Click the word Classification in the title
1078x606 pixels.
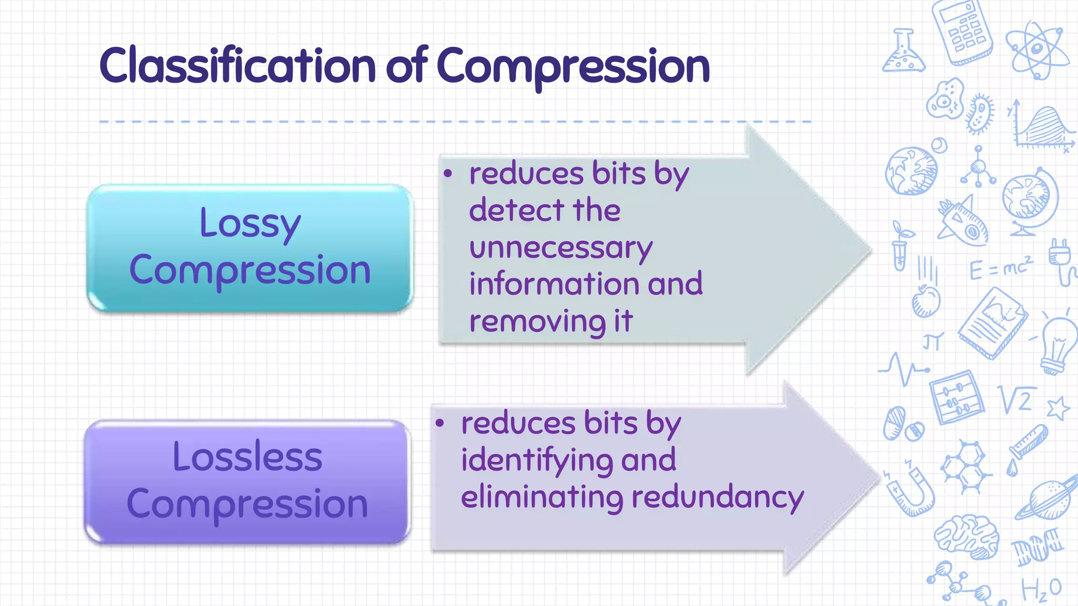(237, 66)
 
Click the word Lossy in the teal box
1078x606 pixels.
(249, 223)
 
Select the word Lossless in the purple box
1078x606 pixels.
(247, 457)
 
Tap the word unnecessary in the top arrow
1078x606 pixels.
(561, 248)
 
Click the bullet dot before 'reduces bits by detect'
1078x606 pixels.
(448, 173)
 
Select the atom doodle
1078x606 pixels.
(1036, 50)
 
